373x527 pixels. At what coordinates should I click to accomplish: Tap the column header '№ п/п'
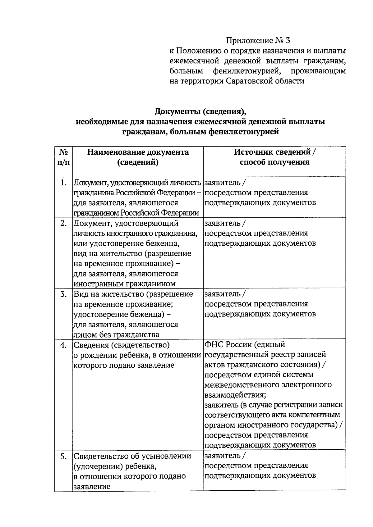[x=63, y=157]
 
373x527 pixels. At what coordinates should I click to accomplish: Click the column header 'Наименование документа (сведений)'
[x=138, y=157]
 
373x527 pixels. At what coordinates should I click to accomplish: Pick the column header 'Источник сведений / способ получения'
[x=274, y=157]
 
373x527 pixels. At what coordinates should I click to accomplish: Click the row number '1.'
[x=63, y=183]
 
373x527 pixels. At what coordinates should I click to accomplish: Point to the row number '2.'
[x=63, y=223]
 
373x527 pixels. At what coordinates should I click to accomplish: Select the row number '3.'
[x=63, y=294]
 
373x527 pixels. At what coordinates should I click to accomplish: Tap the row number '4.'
[x=63, y=345]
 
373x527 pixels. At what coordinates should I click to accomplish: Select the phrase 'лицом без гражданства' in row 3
[x=116, y=334]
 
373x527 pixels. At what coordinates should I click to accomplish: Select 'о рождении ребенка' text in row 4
[x=108, y=355]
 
